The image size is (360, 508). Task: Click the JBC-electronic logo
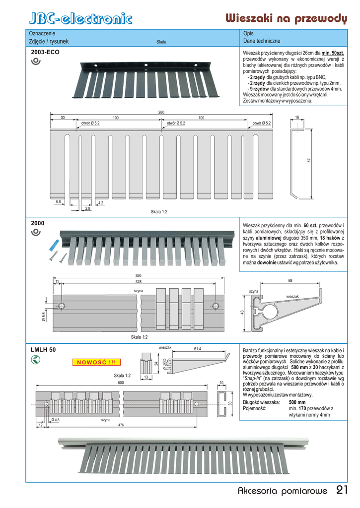tap(81, 19)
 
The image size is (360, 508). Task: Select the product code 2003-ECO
tap(45, 52)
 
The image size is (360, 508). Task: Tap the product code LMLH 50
tap(43, 349)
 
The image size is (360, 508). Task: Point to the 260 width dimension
tap(161, 113)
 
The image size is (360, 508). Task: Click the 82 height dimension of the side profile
tap(308, 160)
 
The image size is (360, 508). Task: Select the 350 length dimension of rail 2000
tap(138, 276)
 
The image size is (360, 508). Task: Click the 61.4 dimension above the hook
tap(197, 349)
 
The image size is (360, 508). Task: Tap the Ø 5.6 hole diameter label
tap(44, 316)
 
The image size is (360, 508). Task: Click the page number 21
tap(342, 491)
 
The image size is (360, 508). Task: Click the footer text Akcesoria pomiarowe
tap(283, 492)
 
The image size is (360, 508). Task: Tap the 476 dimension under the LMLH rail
tap(121, 425)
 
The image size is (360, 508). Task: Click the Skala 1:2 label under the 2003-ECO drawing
tap(159, 212)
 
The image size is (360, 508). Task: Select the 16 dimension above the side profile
tap(297, 117)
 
